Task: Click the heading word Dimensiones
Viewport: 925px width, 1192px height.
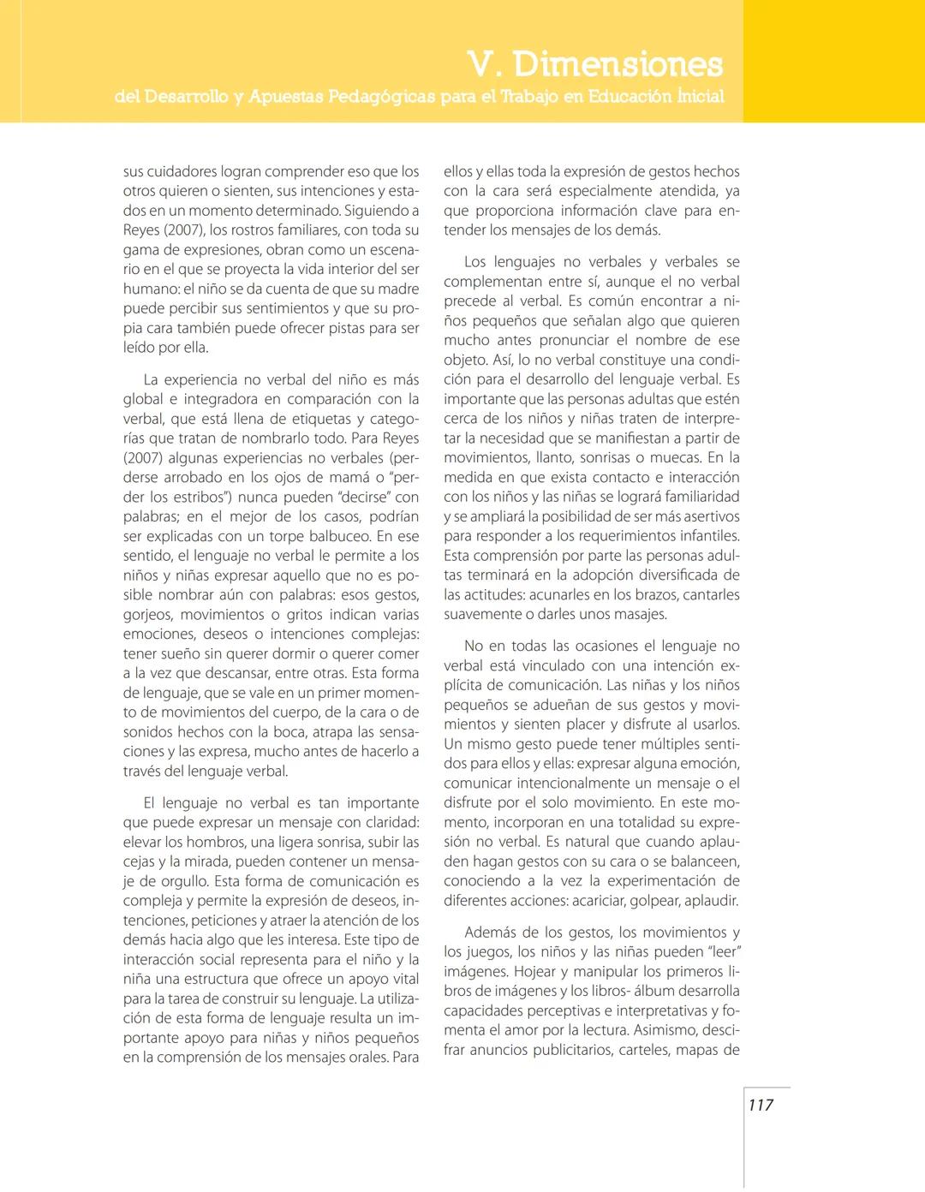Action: [x=618, y=64]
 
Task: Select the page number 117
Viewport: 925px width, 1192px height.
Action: [x=761, y=1106]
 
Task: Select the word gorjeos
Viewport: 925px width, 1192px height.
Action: [x=147, y=615]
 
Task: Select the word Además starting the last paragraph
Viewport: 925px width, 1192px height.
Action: [x=491, y=933]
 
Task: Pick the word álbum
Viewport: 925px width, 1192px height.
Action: [x=653, y=992]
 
